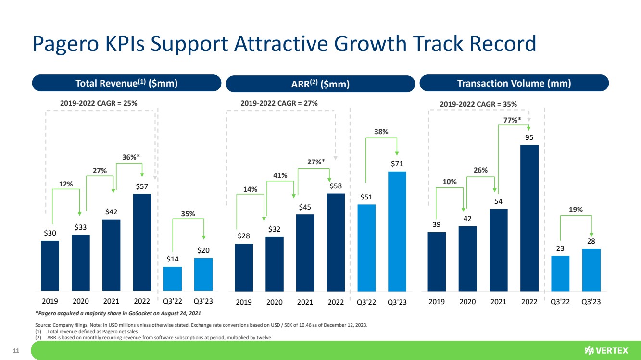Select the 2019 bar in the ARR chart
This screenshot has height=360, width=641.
tap(244, 267)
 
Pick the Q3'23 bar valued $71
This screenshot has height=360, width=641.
tap(397, 231)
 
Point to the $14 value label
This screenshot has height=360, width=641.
tap(173, 259)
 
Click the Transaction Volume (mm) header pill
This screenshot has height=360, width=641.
tap(514, 83)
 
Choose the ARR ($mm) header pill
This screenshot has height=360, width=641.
tap(320, 84)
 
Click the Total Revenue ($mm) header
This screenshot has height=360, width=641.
tap(126, 83)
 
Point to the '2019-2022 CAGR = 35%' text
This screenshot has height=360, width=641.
tap(479, 103)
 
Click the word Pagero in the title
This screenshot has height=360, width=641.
tap(64, 44)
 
